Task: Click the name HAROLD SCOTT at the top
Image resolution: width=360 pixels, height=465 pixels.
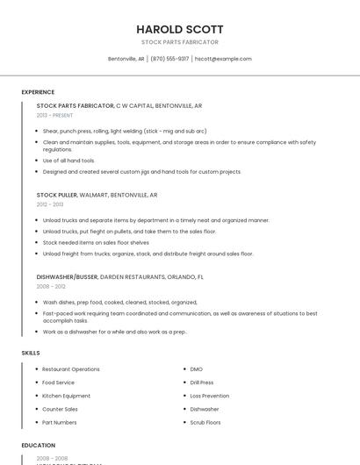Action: (180, 29)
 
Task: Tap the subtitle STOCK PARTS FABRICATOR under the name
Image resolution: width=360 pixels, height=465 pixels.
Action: (180, 42)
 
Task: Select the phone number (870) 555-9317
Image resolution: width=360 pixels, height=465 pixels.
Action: (169, 59)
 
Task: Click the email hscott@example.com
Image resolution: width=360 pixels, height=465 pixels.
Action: (223, 59)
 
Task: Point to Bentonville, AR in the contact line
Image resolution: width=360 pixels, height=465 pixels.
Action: (126, 59)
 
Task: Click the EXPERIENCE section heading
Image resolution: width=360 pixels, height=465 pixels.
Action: (38, 92)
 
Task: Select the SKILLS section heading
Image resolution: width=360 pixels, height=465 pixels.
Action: (31, 353)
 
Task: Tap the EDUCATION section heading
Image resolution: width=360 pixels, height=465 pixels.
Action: (39, 446)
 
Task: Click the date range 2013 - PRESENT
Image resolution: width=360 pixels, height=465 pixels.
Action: (54, 115)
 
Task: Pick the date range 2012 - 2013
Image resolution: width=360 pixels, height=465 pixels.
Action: (50, 204)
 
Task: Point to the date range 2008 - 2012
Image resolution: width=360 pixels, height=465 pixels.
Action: (51, 286)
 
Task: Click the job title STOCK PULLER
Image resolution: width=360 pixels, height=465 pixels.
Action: (56, 195)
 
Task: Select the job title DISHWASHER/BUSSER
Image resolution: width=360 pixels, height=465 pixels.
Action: (67, 276)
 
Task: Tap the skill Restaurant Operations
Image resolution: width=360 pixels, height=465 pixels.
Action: (71, 369)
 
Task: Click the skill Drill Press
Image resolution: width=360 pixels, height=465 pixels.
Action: (202, 383)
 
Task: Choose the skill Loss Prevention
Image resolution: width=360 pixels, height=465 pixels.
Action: (210, 396)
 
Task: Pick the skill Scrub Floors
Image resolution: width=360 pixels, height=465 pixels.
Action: (205, 422)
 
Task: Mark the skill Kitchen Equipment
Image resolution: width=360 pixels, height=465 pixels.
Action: (66, 396)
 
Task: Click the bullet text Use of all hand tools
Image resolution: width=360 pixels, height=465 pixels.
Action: (68, 161)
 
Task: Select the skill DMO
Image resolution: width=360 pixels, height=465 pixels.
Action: (197, 369)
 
